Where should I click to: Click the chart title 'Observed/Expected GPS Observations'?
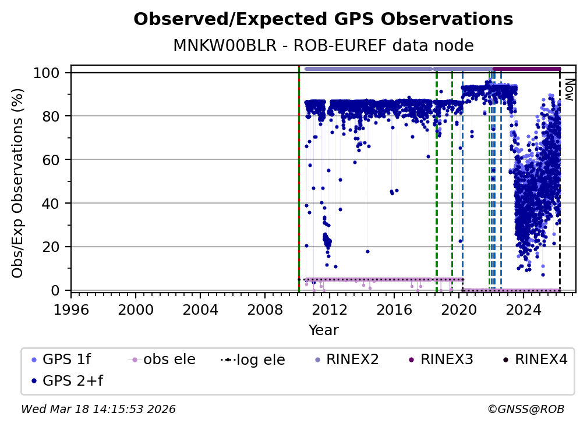323,20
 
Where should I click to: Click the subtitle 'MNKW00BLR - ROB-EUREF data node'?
323,46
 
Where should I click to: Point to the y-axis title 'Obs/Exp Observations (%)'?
18,183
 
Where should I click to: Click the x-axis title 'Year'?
323,330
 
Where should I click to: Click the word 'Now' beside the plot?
569,91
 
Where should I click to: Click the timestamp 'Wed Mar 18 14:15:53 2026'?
98,410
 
